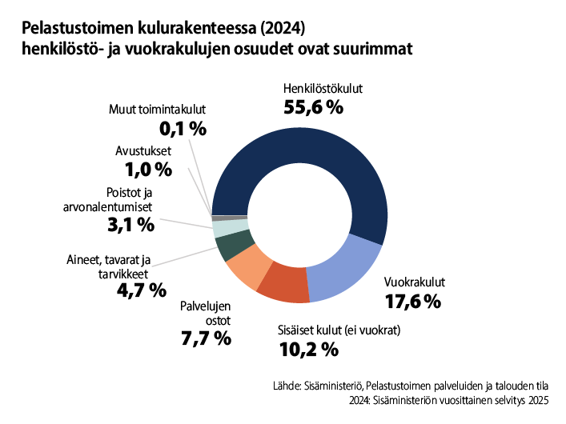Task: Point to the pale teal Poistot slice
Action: (224, 229)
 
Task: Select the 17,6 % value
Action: (412, 302)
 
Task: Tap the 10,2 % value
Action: (309, 349)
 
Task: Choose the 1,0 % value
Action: (148, 169)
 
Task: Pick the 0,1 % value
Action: (183, 128)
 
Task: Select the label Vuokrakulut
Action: (414, 282)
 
